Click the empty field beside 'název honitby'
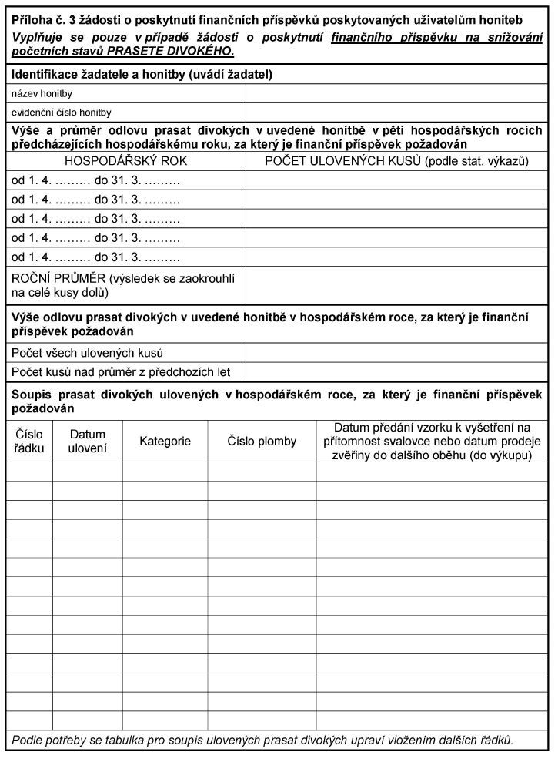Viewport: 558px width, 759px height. click(x=396, y=93)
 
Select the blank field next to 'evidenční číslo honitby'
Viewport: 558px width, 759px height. click(x=396, y=113)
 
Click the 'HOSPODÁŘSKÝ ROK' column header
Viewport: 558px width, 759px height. click(x=125, y=161)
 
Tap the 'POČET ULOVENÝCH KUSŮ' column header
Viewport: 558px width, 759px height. click(x=396, y=161)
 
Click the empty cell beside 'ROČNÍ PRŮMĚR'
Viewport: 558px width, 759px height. click(x=396, y=285)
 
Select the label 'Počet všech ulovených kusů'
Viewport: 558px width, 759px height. click(x=87, y=354)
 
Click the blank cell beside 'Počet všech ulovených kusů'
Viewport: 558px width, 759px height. click(x=396, y=354)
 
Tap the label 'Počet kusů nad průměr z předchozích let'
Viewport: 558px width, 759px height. click(x=121, y=372)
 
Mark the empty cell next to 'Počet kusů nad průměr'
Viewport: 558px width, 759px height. click(x=396, y=372)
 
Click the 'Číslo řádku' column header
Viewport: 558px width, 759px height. click(x=29, y=441)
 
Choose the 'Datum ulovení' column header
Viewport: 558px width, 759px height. click(x=87, y=441)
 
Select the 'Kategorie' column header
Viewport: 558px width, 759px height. click(x=165, y=442)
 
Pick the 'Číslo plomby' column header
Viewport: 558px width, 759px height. click(x=262, y=442)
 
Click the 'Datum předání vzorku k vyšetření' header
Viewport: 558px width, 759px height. click(x=432, y=441)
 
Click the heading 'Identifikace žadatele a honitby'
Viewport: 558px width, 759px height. click(x=142, y=75)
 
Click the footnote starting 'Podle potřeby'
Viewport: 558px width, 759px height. click(x=262, y=741)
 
